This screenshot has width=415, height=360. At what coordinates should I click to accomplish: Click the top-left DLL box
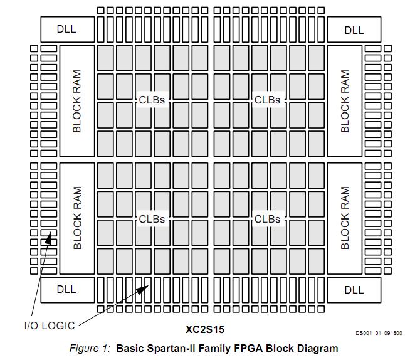[67, 29]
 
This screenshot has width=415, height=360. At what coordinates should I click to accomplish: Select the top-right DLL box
[354, 29]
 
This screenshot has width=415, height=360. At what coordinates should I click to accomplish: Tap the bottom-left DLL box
[67, 289]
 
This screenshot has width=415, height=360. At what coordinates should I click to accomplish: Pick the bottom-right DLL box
[354, 289]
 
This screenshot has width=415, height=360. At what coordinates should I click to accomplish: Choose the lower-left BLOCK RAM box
[77, 218]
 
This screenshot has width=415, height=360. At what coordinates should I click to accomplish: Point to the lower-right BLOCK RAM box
[344, 218]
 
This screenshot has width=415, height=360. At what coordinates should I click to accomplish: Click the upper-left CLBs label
[152, 100]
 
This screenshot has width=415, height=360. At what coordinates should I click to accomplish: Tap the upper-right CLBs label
[267, 100]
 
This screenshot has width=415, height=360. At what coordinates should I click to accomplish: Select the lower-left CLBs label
[152, 219]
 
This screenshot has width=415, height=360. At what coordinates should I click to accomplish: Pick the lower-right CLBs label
[267, 219]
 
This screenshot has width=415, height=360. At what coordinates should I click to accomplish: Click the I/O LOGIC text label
[50, 326]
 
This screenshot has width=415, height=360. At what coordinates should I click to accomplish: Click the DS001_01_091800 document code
[379, 334]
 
